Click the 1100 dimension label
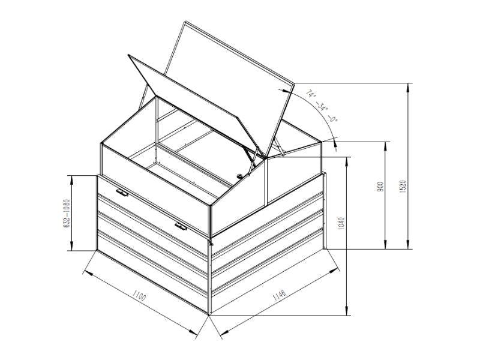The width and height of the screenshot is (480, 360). point(139,295)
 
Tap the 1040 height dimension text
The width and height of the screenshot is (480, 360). point(342,224)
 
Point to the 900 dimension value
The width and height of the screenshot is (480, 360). point(380,187)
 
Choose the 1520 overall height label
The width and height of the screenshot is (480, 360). point(403,186)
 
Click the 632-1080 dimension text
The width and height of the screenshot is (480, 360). point(67,214)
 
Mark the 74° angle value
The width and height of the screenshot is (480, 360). point(311,94)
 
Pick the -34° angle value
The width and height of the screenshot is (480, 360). point(322,107)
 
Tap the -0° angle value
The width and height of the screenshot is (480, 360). point(333,118)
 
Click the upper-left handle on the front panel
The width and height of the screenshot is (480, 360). point(122,193)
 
